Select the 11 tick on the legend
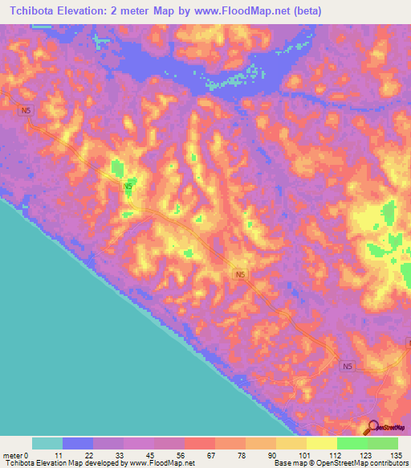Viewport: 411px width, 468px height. pos(56,454)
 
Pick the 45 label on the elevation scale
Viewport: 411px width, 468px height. pos(149,454)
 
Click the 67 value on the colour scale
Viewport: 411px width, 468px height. pos(211,454)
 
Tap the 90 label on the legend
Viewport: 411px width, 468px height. pos(273,454)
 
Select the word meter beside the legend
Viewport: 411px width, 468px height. pos(12,454)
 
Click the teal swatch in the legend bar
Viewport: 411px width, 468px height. pos(47,443)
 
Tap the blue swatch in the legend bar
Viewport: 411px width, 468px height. pos(78,443)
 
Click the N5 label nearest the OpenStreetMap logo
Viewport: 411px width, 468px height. pos(347,367)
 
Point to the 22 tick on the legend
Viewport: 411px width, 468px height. pos(87,454)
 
